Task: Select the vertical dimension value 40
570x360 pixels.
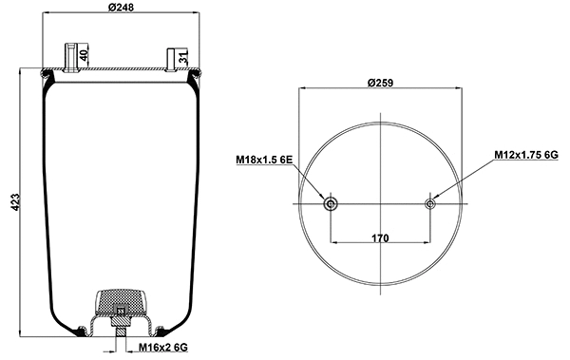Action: (x=84, y=56)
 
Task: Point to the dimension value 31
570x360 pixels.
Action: (x=183, y=59)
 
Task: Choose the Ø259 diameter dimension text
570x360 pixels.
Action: (x=380, y=81)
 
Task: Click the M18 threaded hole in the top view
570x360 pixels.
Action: (x=330, y=203)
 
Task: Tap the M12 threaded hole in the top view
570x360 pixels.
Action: (x=430, y=203)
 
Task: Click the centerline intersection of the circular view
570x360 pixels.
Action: (x=380, y=203)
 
